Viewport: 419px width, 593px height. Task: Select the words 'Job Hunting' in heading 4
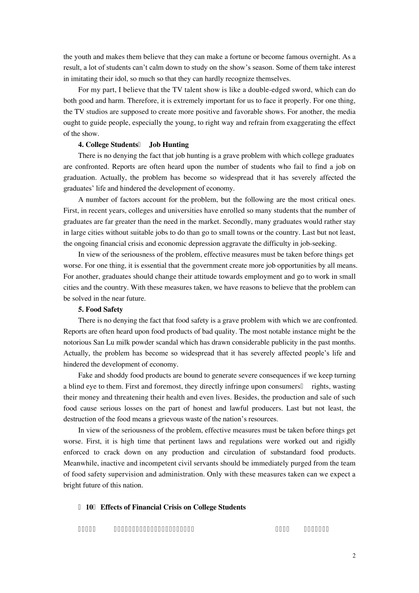(168, 144)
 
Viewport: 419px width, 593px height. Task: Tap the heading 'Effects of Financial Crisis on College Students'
(173, 507)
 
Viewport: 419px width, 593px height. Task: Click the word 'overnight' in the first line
(325, 56)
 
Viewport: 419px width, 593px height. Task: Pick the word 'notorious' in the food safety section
(77, 342)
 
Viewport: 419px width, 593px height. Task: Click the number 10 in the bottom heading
(90, 507)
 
